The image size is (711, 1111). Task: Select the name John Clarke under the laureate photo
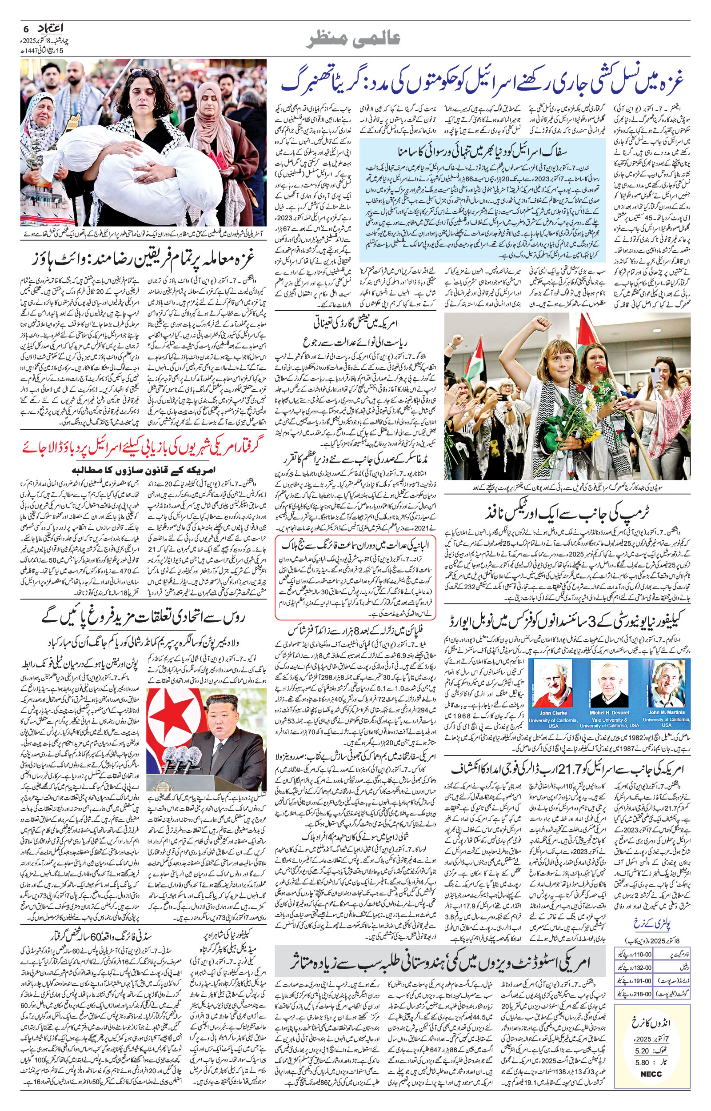point(553,713)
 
